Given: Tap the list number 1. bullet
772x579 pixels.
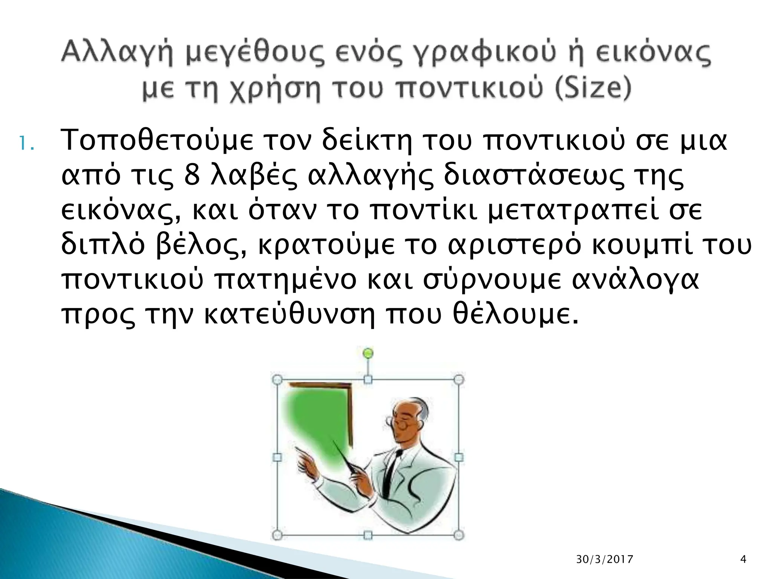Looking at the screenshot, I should coord(27,144).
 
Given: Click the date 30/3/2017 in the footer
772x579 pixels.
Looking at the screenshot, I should coord(605,559).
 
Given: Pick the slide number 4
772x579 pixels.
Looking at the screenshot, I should coord(743,559).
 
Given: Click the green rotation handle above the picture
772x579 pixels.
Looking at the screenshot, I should coord(368,353).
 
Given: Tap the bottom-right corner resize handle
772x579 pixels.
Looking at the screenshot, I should coord(458,535).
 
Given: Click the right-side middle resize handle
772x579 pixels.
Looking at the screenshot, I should coord(459,457).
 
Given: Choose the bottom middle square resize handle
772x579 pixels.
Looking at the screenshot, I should coord(368,535).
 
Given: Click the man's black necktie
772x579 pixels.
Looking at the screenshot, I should coord(392,467).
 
